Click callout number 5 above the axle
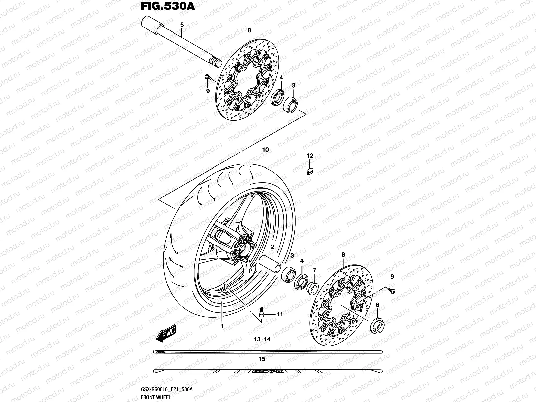tap(182, 25)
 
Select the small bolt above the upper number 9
tap(207, 77)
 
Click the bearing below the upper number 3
tap(291, 104)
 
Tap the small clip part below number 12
tap(310, 171)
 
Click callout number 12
tap(310, 156)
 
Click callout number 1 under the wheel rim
tap(221, 326)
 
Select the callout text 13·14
tap(262, 340)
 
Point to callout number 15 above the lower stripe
tap(262, 359)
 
